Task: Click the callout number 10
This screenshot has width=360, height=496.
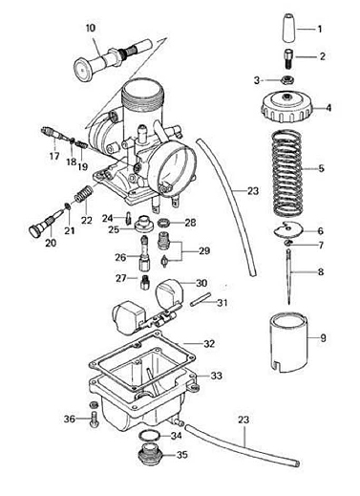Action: coord(91,28)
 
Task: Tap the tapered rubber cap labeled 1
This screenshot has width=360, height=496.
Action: coord(289,28)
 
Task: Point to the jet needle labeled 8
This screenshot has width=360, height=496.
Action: coord(289,276)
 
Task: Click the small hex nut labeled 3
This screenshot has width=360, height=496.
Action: coord(287,79)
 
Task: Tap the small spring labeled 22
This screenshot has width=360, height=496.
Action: coord(84,195)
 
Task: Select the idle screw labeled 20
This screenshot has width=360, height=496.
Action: coord(47,222)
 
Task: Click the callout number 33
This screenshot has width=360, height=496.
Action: coord(216,376)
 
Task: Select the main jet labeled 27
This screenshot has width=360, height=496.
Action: coord(144,282)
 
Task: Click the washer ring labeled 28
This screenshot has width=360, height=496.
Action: coord(165,223)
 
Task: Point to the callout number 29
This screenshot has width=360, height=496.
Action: coord(204,250)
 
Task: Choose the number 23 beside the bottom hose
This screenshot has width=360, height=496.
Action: coord(244,420)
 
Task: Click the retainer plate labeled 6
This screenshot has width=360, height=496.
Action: coord(288,230)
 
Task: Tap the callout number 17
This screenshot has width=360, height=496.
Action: coord(54,156)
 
